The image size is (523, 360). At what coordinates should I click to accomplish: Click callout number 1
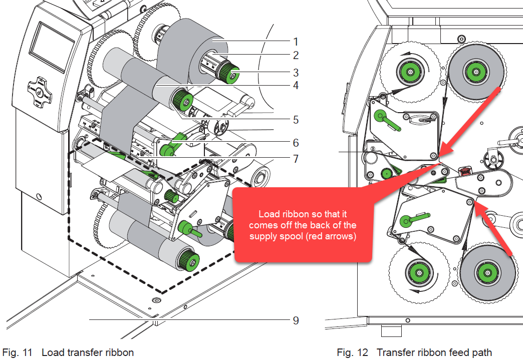296,41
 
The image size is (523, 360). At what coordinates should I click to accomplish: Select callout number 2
296,56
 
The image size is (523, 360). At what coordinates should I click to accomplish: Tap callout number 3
296,73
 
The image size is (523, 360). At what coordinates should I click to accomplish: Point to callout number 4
296,86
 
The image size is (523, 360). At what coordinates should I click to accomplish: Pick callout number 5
296,120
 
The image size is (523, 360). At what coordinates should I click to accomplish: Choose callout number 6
296,143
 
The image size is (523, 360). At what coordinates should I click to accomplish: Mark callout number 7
296,159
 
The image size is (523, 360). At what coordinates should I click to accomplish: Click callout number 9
296,319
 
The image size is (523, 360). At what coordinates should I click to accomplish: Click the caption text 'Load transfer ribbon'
88,352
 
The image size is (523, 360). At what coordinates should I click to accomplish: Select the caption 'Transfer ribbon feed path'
434,352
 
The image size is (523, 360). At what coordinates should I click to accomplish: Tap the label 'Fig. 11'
18,352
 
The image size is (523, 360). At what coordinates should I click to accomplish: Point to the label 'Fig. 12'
353,352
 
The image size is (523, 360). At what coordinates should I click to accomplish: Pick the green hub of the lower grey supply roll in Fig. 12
485,273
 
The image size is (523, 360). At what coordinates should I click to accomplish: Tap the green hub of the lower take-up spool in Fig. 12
417,273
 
